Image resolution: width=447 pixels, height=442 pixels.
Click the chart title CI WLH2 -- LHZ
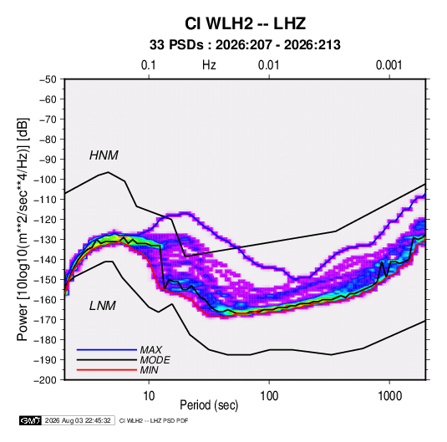click(x=245, y=23)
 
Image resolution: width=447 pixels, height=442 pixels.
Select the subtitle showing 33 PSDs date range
click(x=245, y=45)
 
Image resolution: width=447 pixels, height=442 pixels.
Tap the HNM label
click(x=104, y=155)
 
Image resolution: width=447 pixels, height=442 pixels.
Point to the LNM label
click(x=103, y=306)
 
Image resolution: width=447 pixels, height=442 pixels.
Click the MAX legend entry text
click(x=151, y=350)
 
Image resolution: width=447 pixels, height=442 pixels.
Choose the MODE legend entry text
click(x=155, y=360)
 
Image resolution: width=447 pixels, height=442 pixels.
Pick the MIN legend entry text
click(x=150, y=370)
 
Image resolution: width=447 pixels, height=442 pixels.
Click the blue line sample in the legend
click(x=107, y=350)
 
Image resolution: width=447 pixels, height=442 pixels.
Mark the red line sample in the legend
click(x=107, y=370)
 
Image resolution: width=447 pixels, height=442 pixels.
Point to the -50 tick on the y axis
click(x=48, y=79)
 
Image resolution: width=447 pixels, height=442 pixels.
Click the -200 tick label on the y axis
click(x=45, y=380)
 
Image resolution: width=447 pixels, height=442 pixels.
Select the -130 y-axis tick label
click(x=45, y=240)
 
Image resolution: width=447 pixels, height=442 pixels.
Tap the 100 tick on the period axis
click(x=269, y=396)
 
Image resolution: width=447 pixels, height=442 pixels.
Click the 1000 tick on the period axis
click(x=389, y=396)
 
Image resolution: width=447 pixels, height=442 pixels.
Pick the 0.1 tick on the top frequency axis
click(x=149, y=65)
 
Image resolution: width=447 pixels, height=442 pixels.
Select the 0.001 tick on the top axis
click(x=389, y=65)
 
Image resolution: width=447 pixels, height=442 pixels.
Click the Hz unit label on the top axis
click(x=209, y=65)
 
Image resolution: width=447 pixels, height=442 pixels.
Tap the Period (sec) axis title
click(x=209, y=405)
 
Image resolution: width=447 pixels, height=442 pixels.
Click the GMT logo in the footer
click(x=31, y=420)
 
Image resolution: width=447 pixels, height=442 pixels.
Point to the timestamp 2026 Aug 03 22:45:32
click(x=78, y=420)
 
